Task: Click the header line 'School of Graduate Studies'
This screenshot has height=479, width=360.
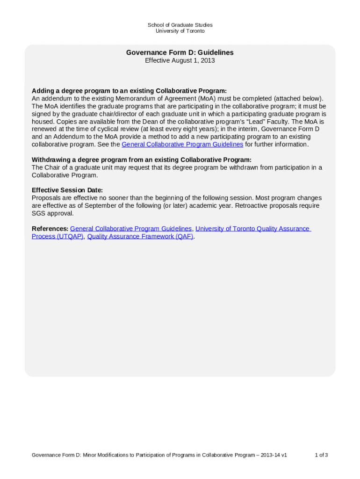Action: (180, 25)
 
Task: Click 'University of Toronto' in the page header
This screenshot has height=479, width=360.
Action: (180, 31)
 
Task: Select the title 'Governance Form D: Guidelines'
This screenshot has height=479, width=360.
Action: (180, 53)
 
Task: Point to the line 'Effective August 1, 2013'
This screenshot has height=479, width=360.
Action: (180, 61)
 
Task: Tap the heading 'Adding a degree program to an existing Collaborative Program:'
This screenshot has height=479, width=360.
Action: (129, 91)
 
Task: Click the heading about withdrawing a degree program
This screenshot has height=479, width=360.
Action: (141, 160)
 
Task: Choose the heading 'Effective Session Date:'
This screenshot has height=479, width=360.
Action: (67, 190)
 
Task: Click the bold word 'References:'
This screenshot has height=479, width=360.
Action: (50, 229)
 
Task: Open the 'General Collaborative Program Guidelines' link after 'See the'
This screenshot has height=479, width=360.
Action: (182, 145)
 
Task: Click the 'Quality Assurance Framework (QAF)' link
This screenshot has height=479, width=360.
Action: (140, 237)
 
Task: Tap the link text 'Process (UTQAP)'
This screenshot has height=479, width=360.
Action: (58, 237)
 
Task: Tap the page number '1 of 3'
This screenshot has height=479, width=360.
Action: (321, 455)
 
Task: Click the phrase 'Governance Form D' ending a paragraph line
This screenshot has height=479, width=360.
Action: (290, 129)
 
